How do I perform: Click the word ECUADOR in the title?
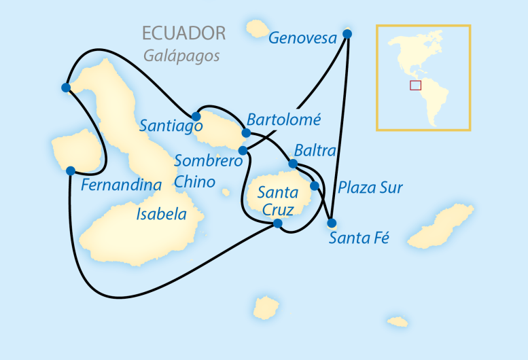coord(183,33)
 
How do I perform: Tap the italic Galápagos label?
coord(181,56)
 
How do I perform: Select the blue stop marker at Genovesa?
coord(347,34)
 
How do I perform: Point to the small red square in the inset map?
coord(415,85)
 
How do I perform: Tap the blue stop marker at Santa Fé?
coord(332,223)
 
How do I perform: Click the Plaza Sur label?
coord(370,187)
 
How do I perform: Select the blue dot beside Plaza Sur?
coord(314,185)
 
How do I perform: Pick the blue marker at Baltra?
coord(293,164)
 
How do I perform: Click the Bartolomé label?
coord(283,120)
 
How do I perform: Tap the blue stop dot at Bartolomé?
coord(246,132)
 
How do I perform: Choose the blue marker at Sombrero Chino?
coord(243,150)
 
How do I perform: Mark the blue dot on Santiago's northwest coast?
coord(196,116)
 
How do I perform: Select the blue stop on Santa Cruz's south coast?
coord(277,223)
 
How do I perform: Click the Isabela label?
coord(161,215)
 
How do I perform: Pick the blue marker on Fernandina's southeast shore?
coord(70,170)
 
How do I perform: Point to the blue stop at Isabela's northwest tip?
coord(65,87)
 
